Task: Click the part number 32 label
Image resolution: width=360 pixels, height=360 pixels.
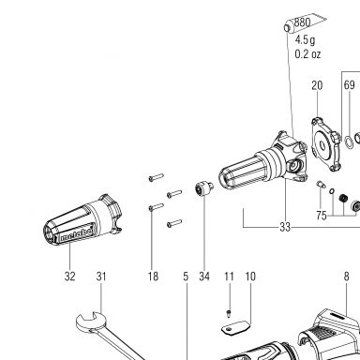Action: pos(70,277)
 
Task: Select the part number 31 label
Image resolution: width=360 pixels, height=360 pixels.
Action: pos(101,277)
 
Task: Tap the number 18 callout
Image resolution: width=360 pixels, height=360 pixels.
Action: pos(153,277)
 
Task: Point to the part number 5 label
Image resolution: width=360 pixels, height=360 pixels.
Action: pos(186,277)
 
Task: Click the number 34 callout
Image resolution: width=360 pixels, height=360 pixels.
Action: pos(204,277)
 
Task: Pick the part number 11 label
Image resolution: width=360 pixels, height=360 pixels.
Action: pos(229,277)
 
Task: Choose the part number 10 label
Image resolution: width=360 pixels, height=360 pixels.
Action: pos(250,277)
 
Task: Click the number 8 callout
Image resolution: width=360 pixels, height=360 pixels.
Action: pos(346,277)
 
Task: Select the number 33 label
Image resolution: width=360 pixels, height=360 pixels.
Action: pos(285,227)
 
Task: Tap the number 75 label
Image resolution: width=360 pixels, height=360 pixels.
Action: pos(322,216)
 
